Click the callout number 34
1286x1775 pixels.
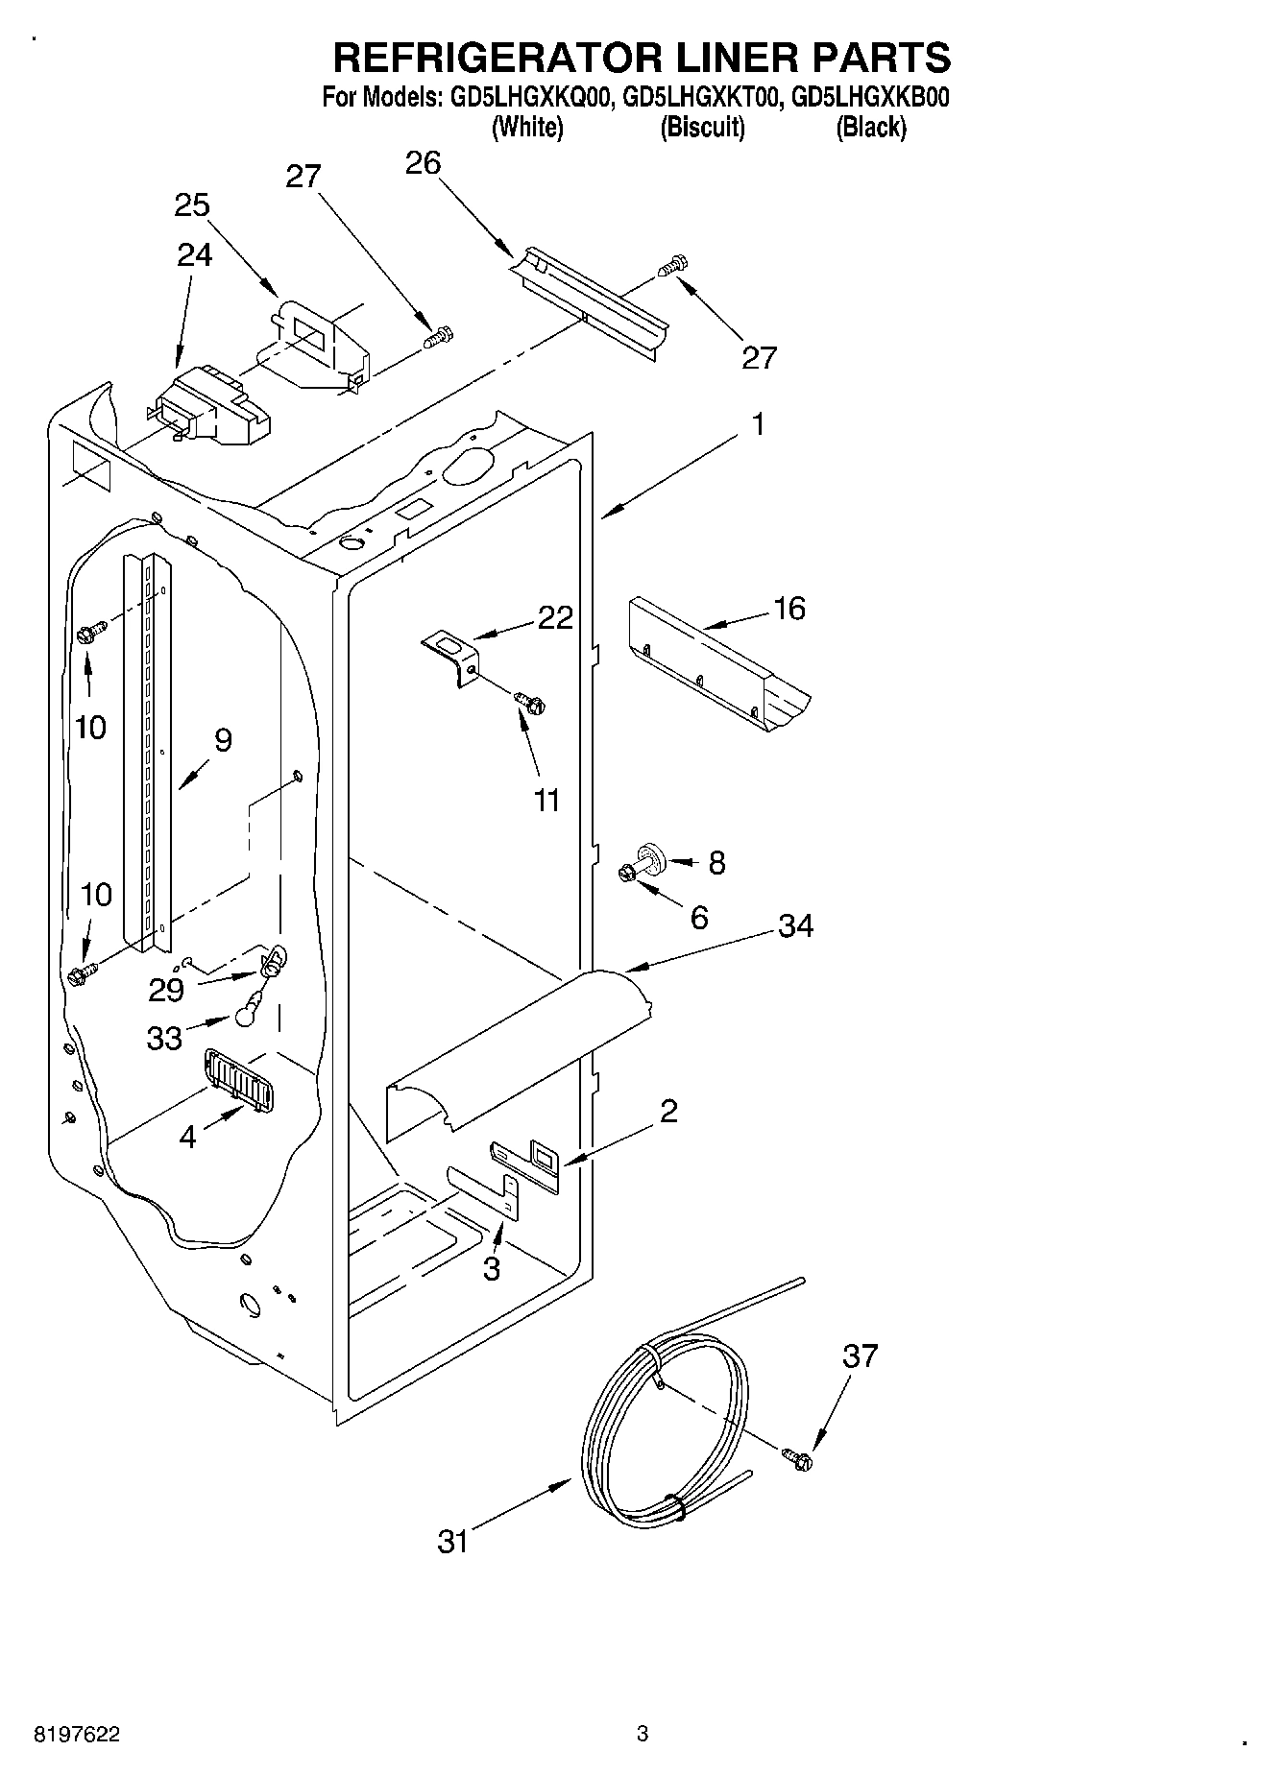[x=795, y=926]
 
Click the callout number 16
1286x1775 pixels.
[x=789, y=609]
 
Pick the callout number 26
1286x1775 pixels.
[x=423, y=163]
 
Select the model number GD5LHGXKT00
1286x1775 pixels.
[x=699, y=97]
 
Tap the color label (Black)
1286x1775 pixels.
[x=871, y=127]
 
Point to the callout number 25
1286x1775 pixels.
[x=192, y=205]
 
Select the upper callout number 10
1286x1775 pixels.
[x=90, y=728]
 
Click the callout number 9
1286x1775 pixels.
[x=223, y=740]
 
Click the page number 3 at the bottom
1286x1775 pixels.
[x=643, y=1734]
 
